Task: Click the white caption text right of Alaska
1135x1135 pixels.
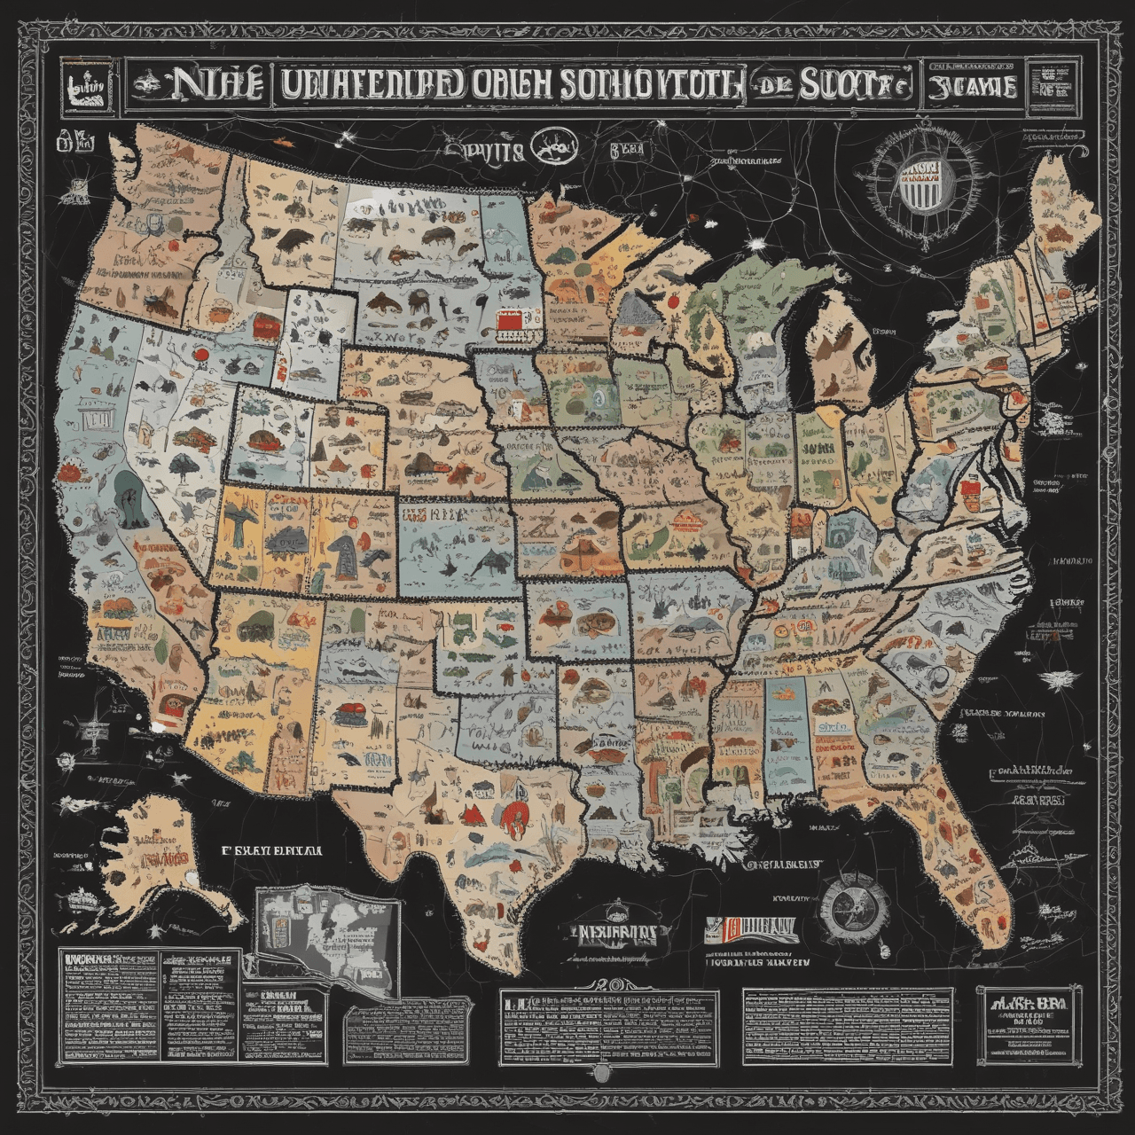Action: pyautogui.click(x=271, y=849)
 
